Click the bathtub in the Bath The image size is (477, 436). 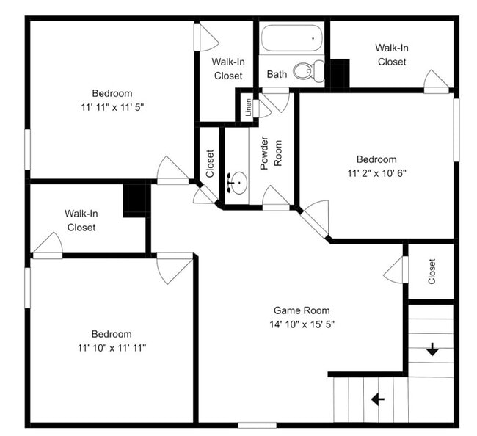click(292, 37)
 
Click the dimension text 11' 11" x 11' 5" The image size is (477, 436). click(112, 106)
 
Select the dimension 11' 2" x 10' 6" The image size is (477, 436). click(376, 173)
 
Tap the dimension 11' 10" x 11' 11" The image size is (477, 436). click(112, 347)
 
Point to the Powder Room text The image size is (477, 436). click(272, 153)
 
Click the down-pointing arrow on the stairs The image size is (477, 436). click(432, 349)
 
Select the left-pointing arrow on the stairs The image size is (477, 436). click(378, 399)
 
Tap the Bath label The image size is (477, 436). click(277, 74)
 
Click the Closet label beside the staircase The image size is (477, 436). click(432, 272)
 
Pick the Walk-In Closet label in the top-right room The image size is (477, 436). click(391, 55)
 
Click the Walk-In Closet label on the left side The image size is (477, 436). click(81, 220)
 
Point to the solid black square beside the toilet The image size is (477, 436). click(338, 74)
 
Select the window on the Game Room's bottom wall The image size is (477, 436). click(257, 425)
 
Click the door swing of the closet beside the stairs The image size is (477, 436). click(396, 270)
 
